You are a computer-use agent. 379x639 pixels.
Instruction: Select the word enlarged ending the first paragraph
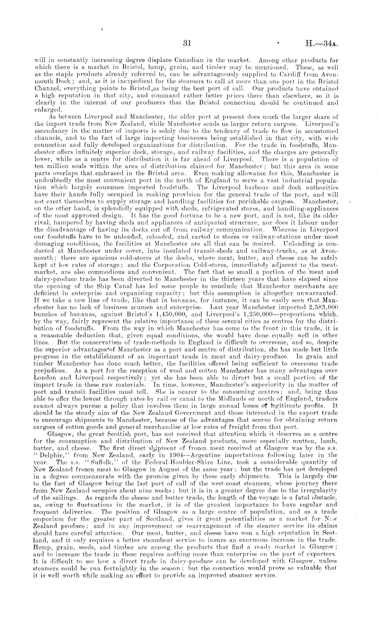tap(49, 110)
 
